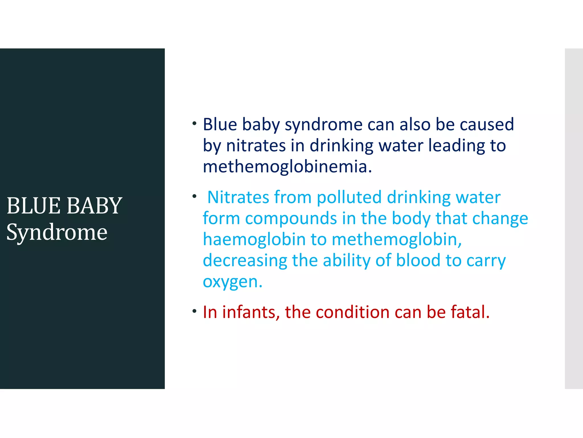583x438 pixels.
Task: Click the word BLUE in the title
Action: click(33, 206)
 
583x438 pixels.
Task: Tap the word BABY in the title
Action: click(94, 206)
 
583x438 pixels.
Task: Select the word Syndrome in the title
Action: click(57, 232)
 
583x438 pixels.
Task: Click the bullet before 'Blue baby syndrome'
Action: click(194, 123)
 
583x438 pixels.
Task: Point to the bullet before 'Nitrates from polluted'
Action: click(194, 196)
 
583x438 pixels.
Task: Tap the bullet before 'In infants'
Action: click(194, 311)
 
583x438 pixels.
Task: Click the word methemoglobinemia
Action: click(287, 167)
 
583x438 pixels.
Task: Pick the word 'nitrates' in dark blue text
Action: click(256, 146)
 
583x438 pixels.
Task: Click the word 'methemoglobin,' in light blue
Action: click(397, 240)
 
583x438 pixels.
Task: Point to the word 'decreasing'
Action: click(245, 261)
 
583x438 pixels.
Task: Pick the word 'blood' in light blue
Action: click(418, 261)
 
